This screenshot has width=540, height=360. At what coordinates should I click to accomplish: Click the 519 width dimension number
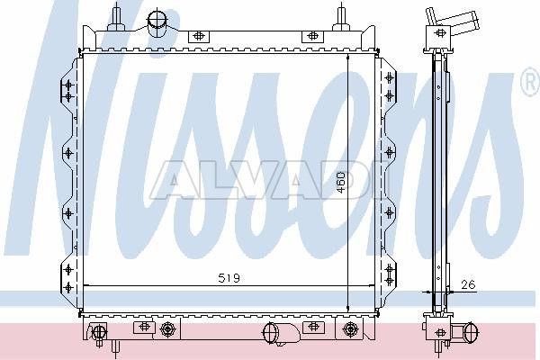[x=229, y=278]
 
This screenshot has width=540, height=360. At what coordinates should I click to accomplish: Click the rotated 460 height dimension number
[x=340, y=182]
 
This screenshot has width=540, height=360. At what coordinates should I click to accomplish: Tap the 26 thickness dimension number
[x=468, y=284]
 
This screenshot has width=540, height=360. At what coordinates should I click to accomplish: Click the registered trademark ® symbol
[x=531, y=81]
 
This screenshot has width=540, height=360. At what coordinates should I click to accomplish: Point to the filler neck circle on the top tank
[x=157, y=19]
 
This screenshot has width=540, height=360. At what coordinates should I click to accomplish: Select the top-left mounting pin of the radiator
[x=116, y=16]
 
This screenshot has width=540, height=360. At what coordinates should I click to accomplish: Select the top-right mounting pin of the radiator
[x=340, y=16]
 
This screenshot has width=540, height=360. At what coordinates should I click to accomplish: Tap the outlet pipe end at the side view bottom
[x=471, y=332]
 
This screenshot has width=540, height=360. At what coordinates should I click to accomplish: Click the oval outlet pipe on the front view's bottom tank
[x=271, y=333]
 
